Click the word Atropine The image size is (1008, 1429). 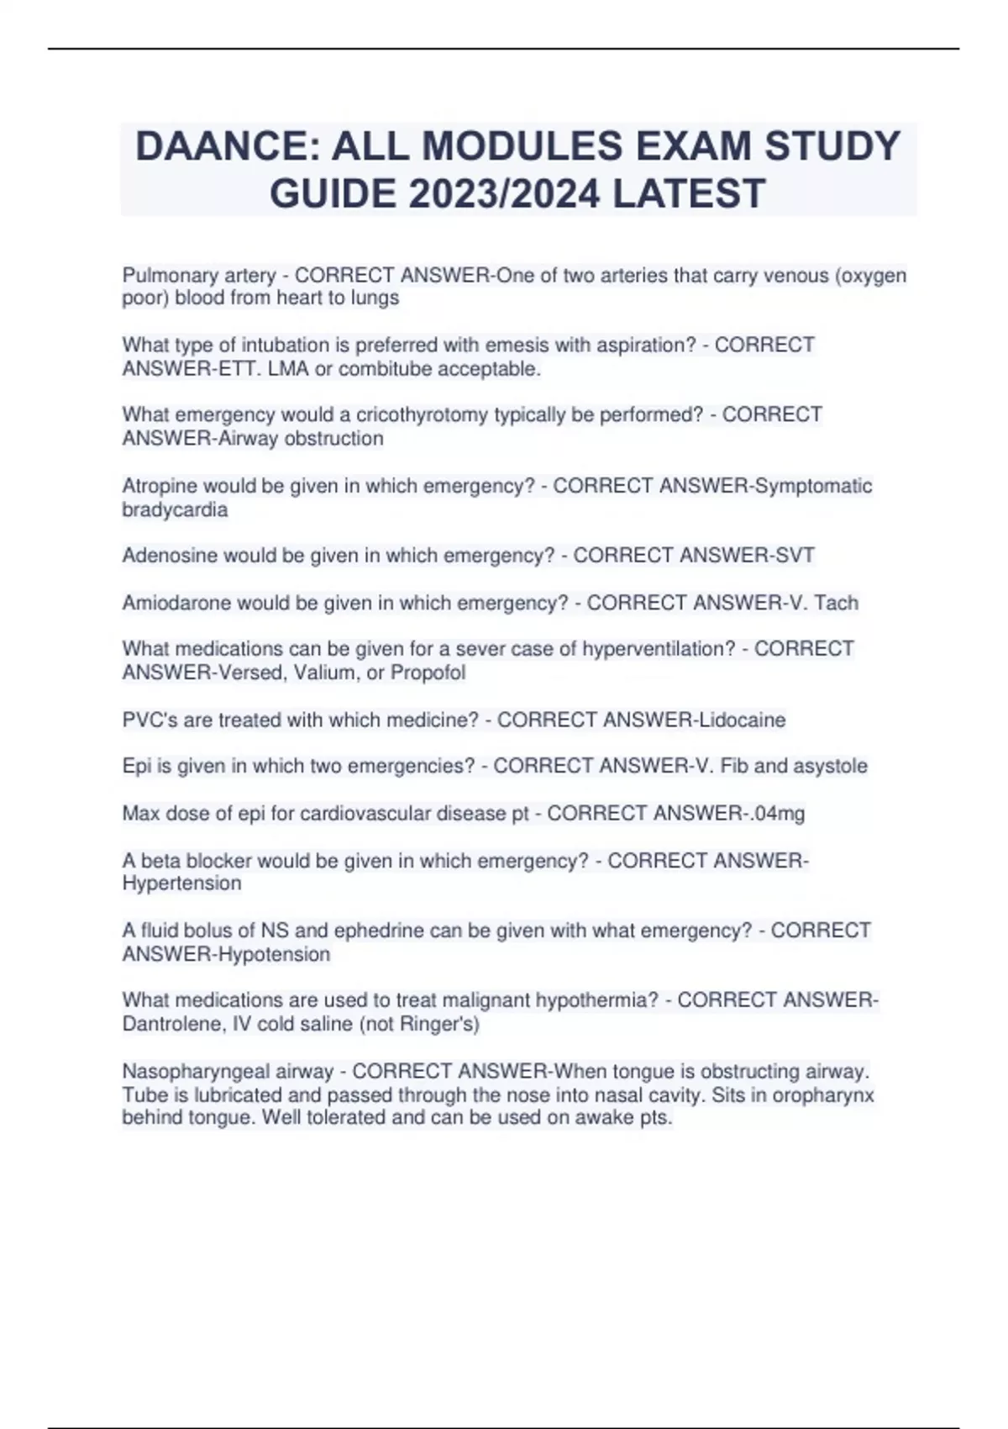(160, 486)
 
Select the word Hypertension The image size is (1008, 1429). (181, 883)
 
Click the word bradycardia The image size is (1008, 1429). (175, 509)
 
